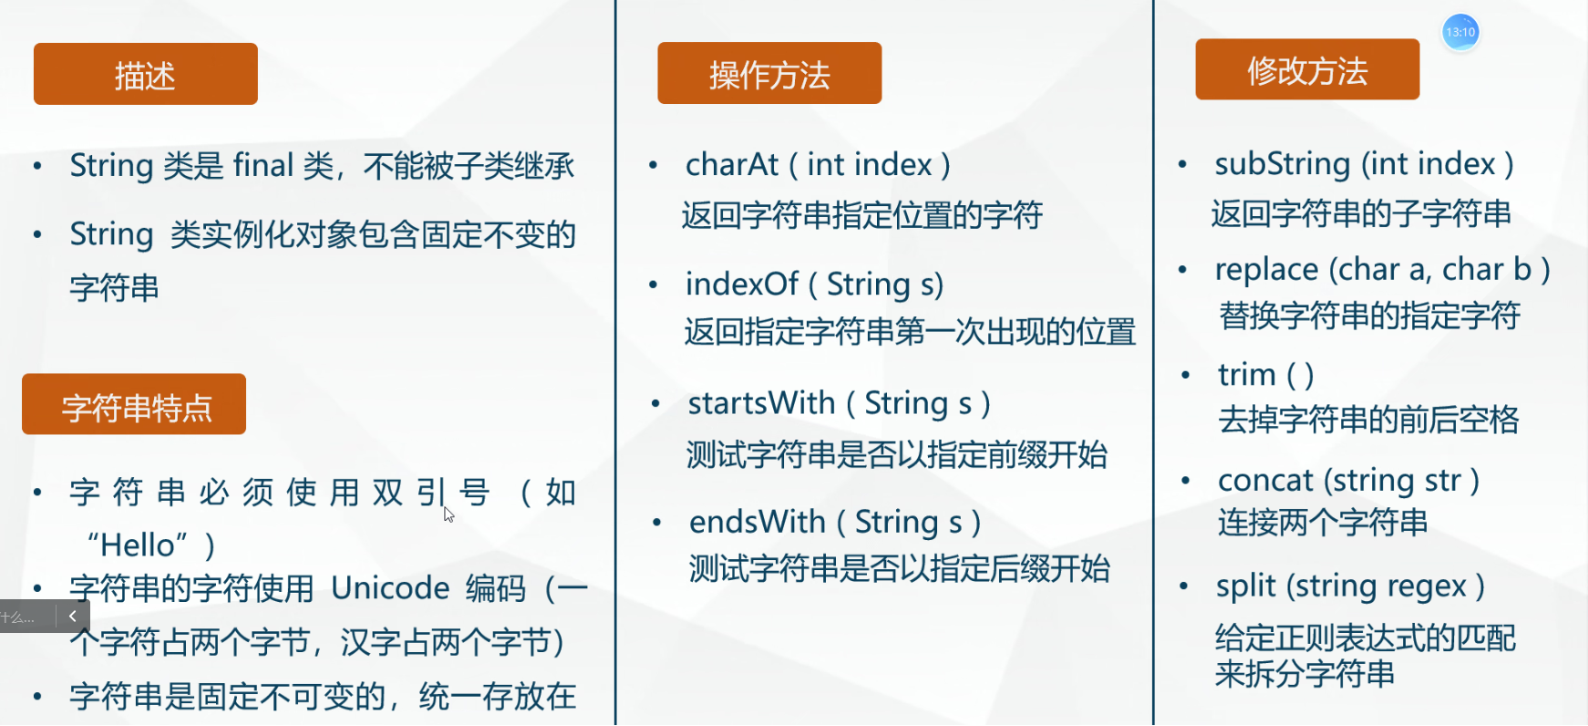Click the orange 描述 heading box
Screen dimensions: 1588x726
click(x=146, y=74)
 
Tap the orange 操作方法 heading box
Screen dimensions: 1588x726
click(x=769, y=73)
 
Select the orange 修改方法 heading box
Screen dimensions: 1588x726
click(x=1307, y=69)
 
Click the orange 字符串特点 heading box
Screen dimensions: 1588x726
click(x=134, y=404)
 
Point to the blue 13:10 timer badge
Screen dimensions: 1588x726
click(x=1460, y=32)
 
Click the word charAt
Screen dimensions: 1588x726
click(x=732, y=165)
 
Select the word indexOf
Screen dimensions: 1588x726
click(x=742, y=284)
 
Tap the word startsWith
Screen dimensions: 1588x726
click(x=761, y=403)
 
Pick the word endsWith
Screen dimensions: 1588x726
click(x=758, y=522)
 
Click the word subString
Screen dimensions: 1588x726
click(x=1283, y=164)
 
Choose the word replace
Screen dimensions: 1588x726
click(x=1267, y=271)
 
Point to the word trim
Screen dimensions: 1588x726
click(x=1247, y=375)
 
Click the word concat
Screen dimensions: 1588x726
click(x=1265, y=481)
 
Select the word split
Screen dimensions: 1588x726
click(x=1245, y=586)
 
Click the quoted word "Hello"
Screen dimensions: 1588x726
click(x=138, y=544)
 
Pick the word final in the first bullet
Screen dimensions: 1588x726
click(x=263, y=165)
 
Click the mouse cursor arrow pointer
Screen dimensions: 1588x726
click(x=449, y=514)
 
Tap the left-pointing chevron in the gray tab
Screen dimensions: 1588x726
click(x=72, y=617)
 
